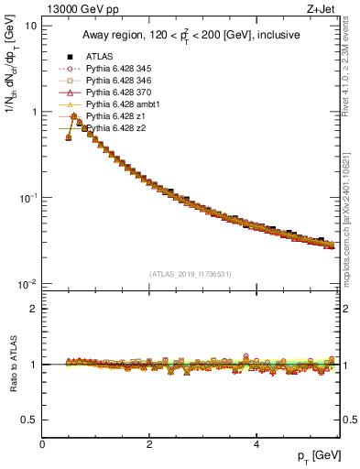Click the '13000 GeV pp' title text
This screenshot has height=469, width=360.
point(76,8)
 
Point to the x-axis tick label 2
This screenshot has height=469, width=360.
point(148,444)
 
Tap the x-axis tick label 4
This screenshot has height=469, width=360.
point(256,444)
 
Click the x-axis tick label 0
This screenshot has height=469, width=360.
point(42,444)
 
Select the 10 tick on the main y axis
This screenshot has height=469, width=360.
point(31,26)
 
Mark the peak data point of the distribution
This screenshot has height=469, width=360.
point(73,116)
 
